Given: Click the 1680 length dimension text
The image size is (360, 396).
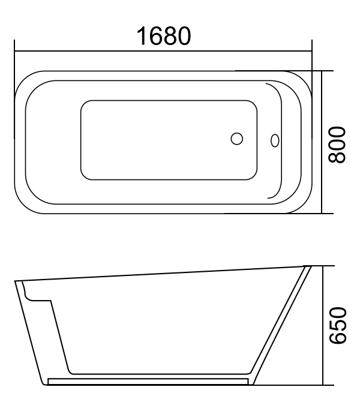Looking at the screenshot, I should point(163,37).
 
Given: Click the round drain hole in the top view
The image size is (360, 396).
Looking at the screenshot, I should point(237,139).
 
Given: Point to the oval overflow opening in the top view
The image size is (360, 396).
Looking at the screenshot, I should point(275,140).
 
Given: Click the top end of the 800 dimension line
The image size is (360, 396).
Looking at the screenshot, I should point(323,71).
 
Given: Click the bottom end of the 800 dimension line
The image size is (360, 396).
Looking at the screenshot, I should point(323,213).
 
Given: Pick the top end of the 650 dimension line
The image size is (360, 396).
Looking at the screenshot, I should point(323,265).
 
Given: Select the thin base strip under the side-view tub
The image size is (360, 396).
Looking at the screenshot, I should point(147,381).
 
